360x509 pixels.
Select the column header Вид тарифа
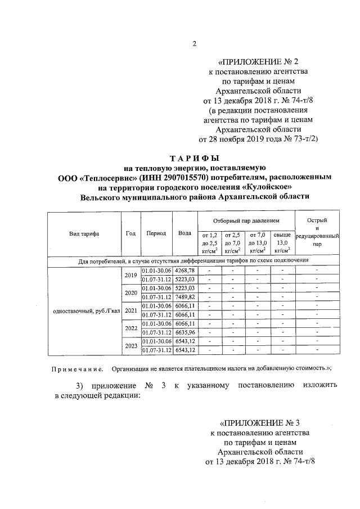click(x=84, y=233)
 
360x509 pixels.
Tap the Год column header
click(x=130, y=233)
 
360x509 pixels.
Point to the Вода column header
click(x=184, y=233)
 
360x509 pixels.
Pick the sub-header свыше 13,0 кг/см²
click(x=282, y=242)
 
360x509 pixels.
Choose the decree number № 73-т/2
click(x=302, y=138)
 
